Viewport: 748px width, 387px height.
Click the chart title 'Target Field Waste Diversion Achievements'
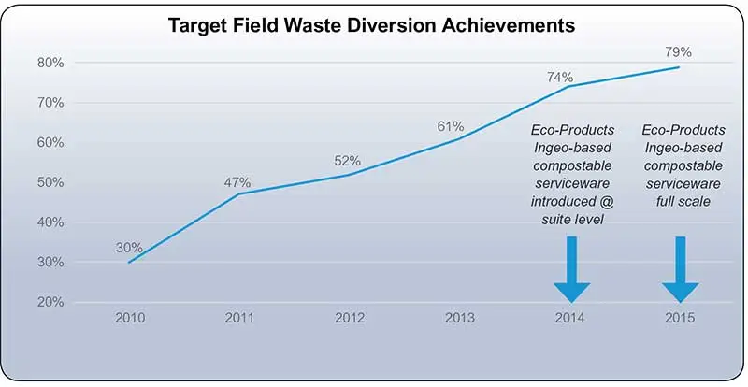click(373, 25)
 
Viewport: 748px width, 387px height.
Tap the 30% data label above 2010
click(129, 248)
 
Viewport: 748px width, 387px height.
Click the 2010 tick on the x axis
click(129, 318)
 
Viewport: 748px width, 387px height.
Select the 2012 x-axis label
click(349, 318)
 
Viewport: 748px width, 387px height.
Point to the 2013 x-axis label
click(459, 318)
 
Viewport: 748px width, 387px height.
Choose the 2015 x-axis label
click(680, 318)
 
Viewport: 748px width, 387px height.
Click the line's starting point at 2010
click(129, 262)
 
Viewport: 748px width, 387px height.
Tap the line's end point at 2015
click(679, 67)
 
